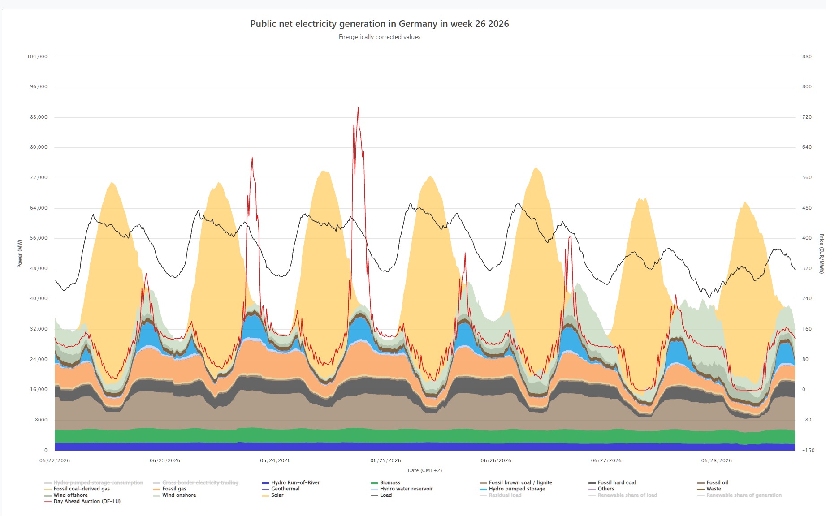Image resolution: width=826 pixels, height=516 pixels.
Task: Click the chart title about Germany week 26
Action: coord(380,24)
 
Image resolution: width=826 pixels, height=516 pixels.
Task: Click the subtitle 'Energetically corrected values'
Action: coord(380,37)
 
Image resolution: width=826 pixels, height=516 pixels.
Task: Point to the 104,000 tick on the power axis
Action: coord(37,56)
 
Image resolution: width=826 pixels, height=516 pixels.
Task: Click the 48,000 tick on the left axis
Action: coord(39,268)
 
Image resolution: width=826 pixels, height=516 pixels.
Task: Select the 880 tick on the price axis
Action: coord(807,56)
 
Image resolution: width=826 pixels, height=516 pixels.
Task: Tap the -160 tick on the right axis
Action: coord(808,450)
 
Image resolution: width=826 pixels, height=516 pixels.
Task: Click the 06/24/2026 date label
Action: coord(275,460)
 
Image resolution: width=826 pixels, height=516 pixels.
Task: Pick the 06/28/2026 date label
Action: coord(717,460)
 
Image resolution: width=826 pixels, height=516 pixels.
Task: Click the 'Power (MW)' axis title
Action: coord(20,254)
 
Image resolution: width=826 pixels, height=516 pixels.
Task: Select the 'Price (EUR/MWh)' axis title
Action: coord(822,254)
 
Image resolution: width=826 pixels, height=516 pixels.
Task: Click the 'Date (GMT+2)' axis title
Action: coord(425,470)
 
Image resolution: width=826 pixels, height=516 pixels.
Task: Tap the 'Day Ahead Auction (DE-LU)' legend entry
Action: coord(82,501)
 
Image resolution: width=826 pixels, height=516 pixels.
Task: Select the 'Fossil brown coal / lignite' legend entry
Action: coord(516,482)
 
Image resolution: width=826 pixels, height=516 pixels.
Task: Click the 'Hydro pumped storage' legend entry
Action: coord(512,489)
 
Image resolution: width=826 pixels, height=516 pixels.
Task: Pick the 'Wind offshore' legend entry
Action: coord(66,495)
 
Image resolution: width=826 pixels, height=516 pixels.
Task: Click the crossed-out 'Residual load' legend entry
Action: coord(501,495)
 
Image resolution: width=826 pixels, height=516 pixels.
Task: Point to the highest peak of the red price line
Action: coord(358,107)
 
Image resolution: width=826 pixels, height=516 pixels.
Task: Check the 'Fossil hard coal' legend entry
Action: coord(612,482)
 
